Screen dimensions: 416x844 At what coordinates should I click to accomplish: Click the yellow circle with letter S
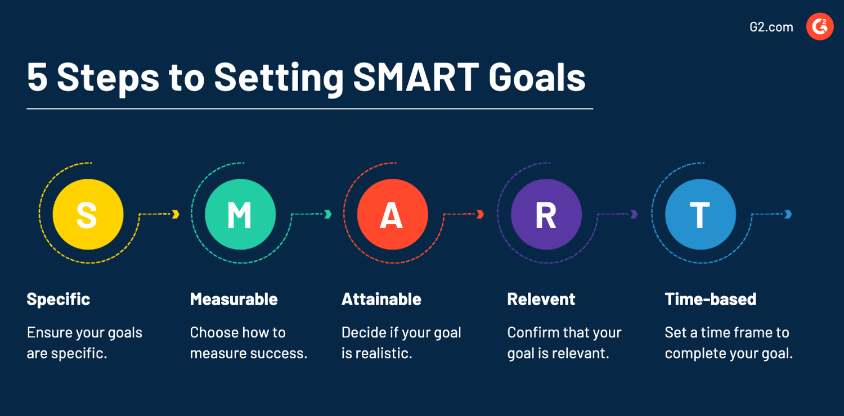[x=88, y=214]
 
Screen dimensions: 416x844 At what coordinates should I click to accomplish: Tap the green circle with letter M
[x=240, y=214]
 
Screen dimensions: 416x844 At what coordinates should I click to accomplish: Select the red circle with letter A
[x=392, y=214]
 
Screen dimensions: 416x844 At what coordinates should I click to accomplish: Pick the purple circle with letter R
[x=546, y=214]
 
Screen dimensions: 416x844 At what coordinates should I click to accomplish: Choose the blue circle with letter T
[x=700, y=214]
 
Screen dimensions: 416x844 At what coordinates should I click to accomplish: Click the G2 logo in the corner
[x=820, y=26]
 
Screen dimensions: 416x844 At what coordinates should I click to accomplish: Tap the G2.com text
[x=771, y=27]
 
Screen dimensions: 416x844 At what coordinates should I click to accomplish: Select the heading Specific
[x=59, y=299]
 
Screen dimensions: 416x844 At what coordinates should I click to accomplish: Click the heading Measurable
[x=234, y=299]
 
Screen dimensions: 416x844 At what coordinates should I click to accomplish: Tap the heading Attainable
[x=381, y=299]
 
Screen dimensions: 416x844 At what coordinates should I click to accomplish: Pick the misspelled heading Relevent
[x=541, y=299]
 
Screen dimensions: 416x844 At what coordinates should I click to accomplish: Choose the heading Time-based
[x=710, y=299]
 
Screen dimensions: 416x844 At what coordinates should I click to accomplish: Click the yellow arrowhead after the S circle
[x=176, y=214]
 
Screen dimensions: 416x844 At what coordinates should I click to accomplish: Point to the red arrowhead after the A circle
[x=481, y=214]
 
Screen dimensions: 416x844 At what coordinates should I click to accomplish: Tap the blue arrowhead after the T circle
[x=788, y=214]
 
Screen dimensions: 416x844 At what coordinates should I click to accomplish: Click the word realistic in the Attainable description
[x=384, y=354]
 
